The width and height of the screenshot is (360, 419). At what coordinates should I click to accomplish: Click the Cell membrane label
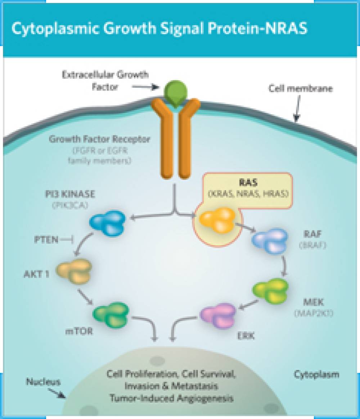(301, 88)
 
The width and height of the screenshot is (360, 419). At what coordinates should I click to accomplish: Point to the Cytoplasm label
(316, 374)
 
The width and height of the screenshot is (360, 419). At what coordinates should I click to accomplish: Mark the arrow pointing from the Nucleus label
(59, 392)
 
